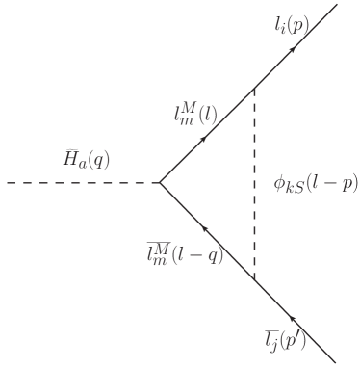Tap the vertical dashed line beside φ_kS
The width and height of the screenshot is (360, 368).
coord(254,183)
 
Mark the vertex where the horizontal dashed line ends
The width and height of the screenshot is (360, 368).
coord(159,182)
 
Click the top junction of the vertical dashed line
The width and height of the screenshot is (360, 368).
coord(254,87)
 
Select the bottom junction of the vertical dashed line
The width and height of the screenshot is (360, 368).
coord(254,278)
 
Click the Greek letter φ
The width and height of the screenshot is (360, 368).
coord(280,183)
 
